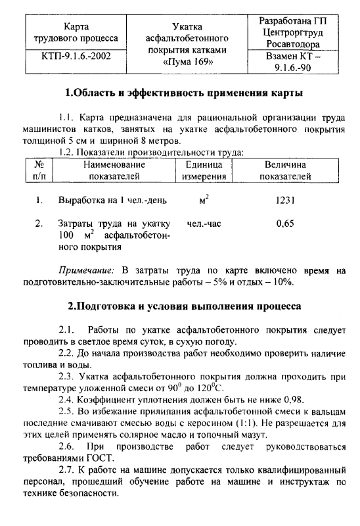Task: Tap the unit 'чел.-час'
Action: point(204,224)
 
